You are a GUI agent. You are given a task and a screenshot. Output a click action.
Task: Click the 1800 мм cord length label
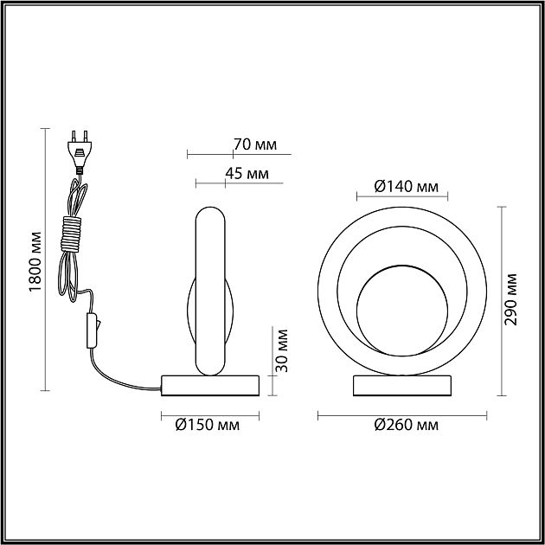35,261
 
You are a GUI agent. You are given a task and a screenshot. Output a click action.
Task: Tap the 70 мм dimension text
255,144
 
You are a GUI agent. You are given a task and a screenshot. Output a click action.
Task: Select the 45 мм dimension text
247,173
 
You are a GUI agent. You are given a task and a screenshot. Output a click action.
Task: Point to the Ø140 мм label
406,187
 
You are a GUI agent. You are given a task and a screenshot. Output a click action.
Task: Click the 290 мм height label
510,299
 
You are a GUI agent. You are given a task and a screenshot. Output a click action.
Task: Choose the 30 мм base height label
281,350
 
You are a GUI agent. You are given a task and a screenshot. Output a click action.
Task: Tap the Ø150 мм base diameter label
207,425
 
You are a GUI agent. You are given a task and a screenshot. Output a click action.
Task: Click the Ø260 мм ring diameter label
406,425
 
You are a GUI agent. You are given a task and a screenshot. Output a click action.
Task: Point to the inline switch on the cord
93,330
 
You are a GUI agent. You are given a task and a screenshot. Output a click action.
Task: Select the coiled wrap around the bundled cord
71,234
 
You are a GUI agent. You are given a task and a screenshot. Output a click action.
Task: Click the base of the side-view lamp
210,385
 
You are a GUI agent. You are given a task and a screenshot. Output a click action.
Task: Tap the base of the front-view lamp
402,386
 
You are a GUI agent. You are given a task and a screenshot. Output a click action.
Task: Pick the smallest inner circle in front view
402,311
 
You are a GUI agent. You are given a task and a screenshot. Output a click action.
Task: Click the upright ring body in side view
210,292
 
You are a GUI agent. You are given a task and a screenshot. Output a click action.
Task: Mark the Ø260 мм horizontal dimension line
402,415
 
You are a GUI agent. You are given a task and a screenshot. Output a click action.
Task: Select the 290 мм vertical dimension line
501,301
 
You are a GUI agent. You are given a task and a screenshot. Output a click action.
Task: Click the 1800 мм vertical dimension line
45,260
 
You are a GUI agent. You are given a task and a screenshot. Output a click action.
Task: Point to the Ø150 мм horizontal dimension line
210,415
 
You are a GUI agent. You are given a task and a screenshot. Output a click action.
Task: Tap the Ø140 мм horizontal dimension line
402,196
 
